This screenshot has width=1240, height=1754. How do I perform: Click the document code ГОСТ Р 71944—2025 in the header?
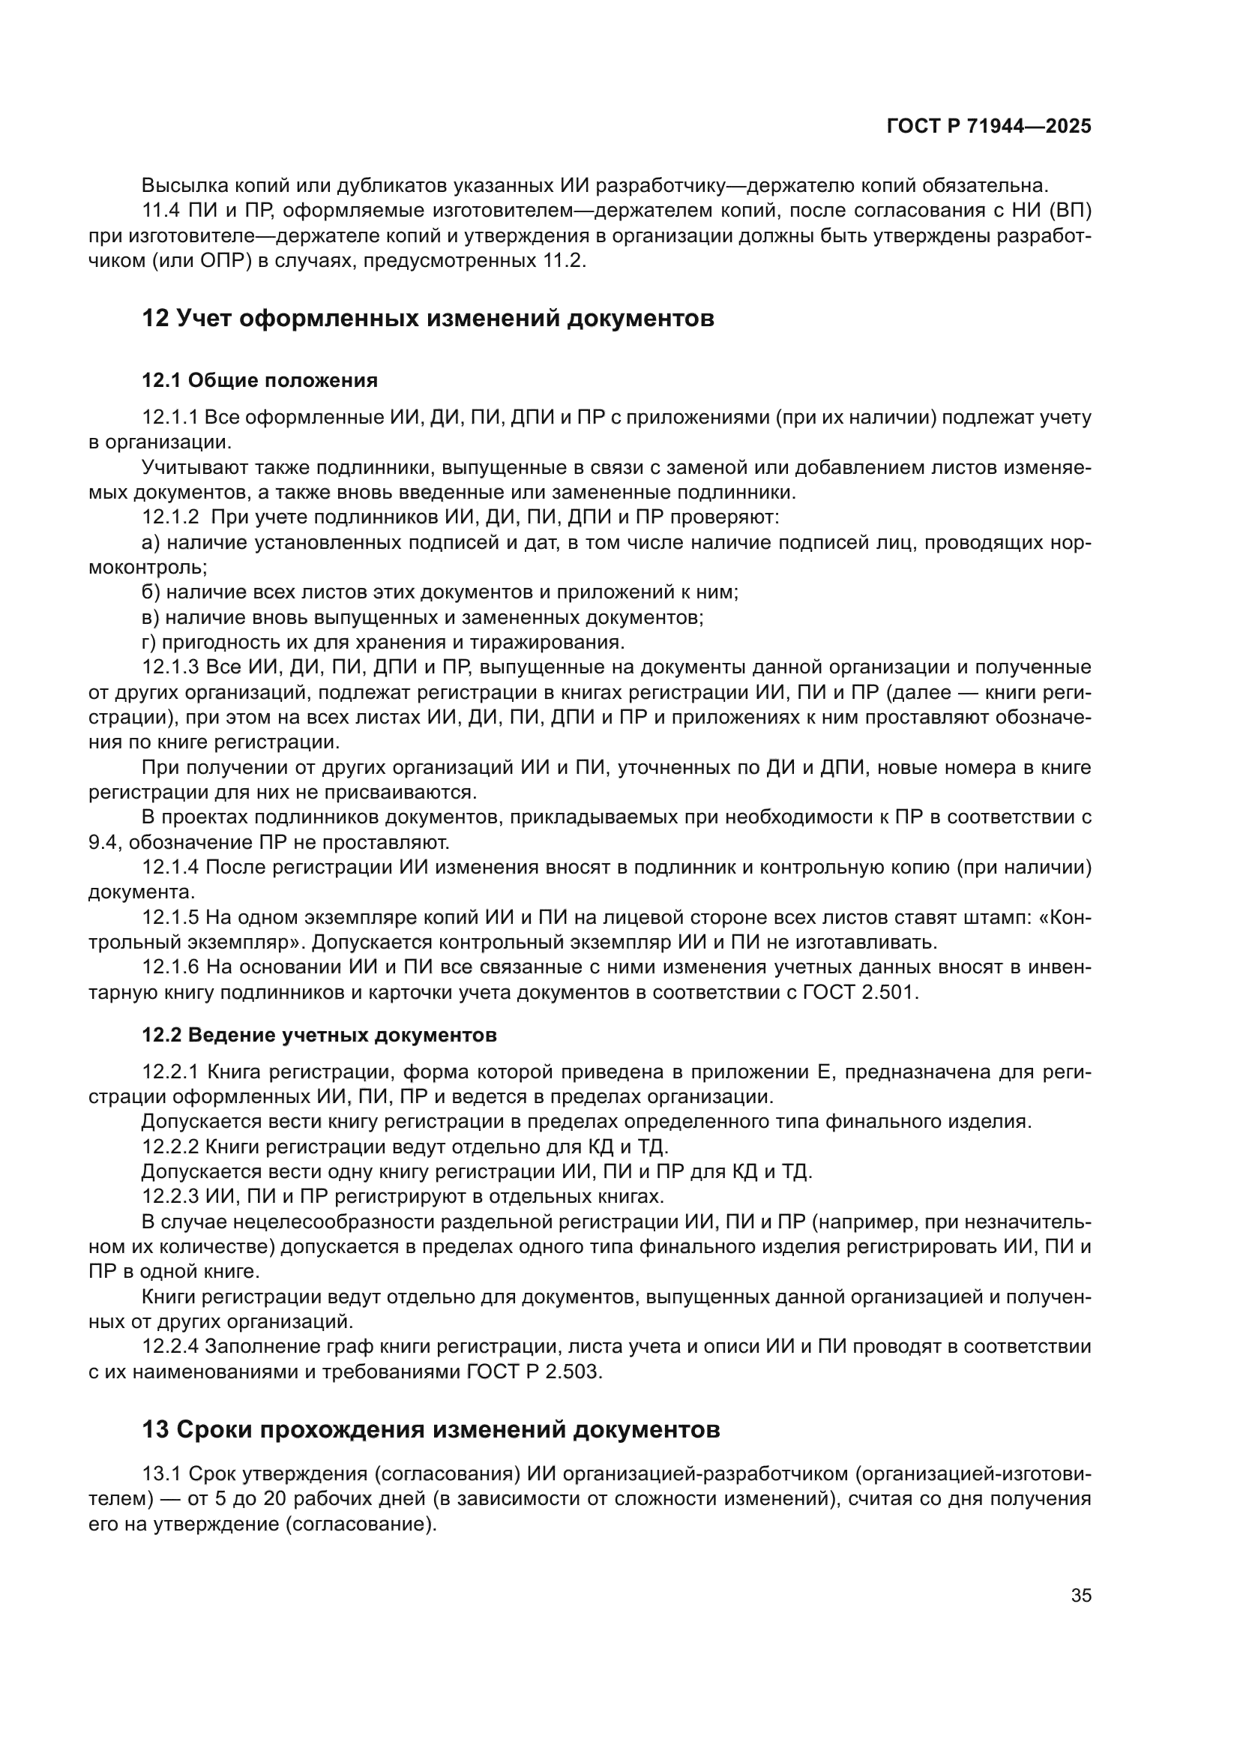point(989,127)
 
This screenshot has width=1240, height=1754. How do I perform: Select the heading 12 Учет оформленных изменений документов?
point(427,318)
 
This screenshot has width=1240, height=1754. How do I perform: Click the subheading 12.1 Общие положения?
point(259,380)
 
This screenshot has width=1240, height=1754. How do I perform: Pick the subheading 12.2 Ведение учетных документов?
point(319,1035)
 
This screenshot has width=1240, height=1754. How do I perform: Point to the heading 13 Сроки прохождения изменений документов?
point(430,1430)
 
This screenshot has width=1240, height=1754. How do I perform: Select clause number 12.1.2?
point(170,517)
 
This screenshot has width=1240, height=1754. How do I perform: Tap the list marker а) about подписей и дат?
point(151,542)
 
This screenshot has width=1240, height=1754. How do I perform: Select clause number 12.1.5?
point(170,917)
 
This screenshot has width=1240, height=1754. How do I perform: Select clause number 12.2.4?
point(170,1347)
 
